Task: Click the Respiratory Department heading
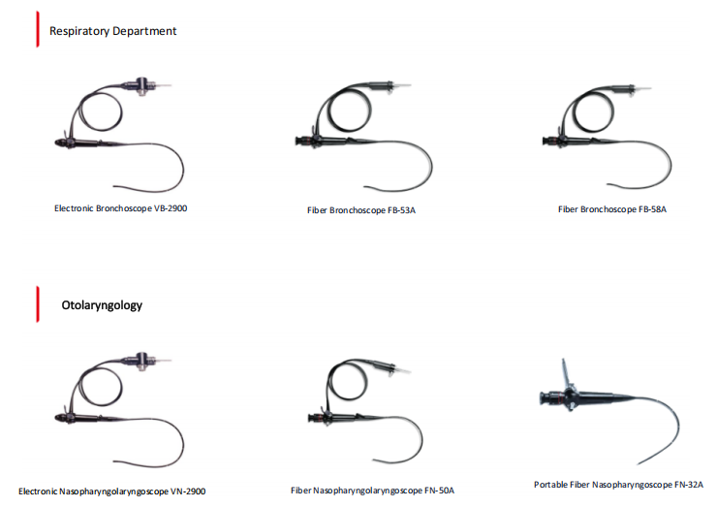113,31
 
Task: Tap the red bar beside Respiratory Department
37,31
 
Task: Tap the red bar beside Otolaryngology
37,303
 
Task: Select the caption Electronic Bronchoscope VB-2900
120,207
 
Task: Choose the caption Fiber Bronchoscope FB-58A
612,208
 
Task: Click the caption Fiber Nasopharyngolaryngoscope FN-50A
372,491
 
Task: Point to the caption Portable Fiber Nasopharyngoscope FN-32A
618,484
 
